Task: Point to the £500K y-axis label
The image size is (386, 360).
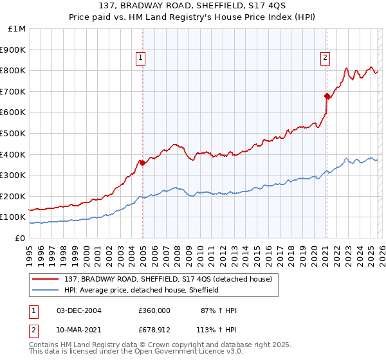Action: [x=14, y=133]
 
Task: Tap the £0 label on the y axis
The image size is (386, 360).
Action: [x=21, y=238]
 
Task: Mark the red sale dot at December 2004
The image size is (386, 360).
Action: [x=142, y=163]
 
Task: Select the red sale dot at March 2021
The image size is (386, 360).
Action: [x=327, y=96]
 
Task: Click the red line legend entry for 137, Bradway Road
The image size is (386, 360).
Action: [x=171, y=279]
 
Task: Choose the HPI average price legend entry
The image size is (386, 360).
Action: [x=141, y=290]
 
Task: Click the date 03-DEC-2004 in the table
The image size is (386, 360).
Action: [x=79, y=310]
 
